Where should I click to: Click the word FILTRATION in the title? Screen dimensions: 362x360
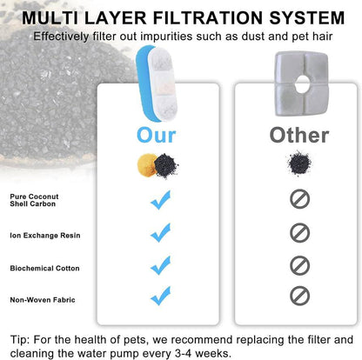pos(209,18)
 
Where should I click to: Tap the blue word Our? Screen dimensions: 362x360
pos(157,136)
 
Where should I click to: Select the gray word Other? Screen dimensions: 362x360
pos(299,136)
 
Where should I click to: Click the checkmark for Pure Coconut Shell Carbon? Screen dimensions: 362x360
pos(160,200)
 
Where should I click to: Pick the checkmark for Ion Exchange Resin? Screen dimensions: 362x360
pos(160,233)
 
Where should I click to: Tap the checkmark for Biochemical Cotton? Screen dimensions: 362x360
pos(160,265)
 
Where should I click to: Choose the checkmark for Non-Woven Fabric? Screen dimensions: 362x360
pos(160,296)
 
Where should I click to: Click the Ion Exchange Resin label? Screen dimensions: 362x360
pos(45,236)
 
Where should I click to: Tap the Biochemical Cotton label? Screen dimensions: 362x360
pos(44,268)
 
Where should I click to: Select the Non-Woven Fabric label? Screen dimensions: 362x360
pos(43,300)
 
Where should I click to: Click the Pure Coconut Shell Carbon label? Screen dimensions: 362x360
pos(34,200)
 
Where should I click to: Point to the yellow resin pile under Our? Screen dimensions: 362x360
pos(145,165)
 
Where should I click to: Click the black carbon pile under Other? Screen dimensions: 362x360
pos(299,163)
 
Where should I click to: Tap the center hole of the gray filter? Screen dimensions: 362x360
pos(302,83)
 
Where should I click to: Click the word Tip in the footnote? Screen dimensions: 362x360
pos(20,340)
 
